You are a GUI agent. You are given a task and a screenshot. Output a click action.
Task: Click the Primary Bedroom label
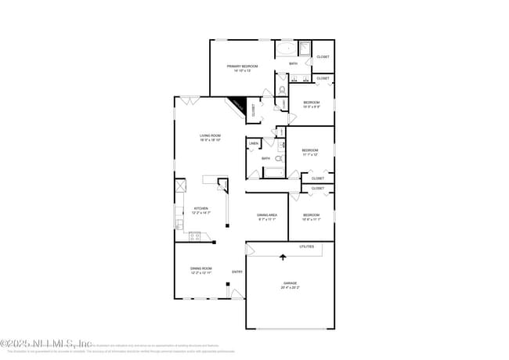[x=243, y=68]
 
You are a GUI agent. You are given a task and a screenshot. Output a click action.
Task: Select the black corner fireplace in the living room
[x=238, y=106]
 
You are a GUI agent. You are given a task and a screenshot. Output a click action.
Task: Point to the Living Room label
[x=211, y=138]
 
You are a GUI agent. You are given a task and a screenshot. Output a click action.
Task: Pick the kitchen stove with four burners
[x=194, y=236]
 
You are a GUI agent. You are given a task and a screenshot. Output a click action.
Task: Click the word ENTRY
[x=236, y=272]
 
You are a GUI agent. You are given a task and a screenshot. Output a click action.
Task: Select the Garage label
[x=291, y=284]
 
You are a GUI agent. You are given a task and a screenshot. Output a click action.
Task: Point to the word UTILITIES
[x=306, y=247]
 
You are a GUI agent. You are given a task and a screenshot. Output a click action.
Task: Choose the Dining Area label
[x=268, y=216]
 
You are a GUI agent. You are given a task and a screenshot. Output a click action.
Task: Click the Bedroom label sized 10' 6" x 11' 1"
[x=311, y=216]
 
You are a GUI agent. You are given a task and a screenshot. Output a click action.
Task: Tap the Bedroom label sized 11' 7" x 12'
[x=310, y=152]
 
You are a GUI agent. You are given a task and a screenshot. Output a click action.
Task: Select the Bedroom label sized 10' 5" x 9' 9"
[x=312, y=104]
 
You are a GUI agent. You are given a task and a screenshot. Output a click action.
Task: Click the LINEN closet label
[x=253, y=144]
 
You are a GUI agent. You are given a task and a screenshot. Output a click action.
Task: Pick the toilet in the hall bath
[x=279, y=157]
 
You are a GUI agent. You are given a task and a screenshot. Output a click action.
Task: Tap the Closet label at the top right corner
[x=323, y=57]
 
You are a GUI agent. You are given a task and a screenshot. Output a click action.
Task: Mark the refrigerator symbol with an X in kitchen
[x=180, y=186]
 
